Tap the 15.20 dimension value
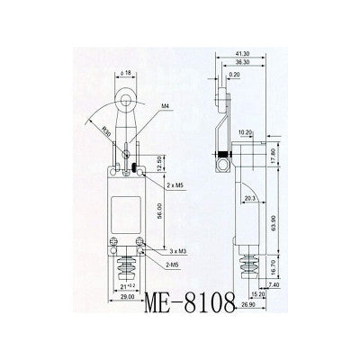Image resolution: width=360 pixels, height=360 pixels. pyautogui.click(x=257, y=294)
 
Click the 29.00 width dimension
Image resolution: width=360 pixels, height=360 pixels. pyautogui.click(x=128, y=295)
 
